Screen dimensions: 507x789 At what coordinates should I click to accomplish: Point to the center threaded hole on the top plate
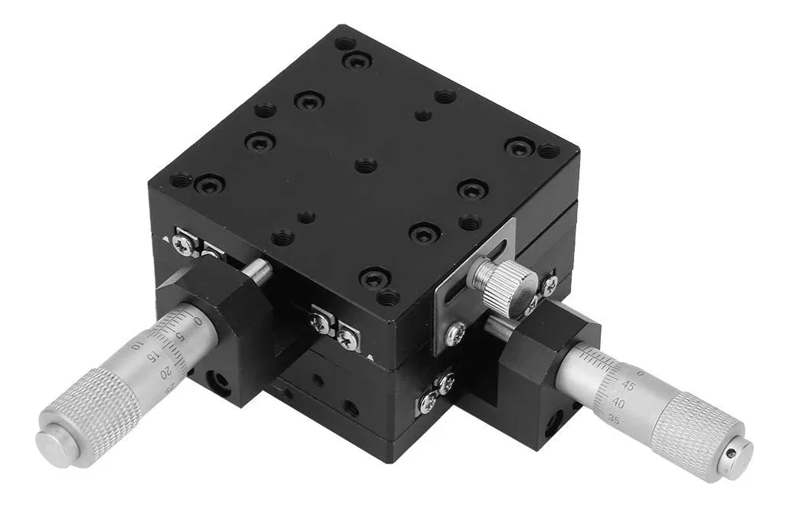click(366, 165)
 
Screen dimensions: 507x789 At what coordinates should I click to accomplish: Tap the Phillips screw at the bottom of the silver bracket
click(455, 332)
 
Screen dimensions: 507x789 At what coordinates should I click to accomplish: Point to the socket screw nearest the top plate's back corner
click(357, 61)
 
